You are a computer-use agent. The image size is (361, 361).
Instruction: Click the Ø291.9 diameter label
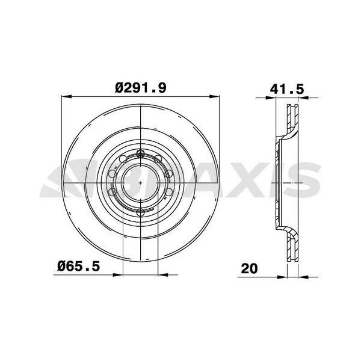pyautogui.click(x=140, y=88)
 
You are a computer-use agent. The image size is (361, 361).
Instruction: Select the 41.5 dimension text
pyautogui.click(x=287, y=89)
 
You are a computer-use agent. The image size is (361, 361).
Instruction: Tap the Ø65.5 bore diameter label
pyautogui.click(x=78, y=267)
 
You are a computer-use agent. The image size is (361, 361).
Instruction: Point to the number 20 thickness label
pyautogui.click(x=249, y=268)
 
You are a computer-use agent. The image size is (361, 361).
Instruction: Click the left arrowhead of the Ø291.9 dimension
pyautogui.click(x=67, y=97)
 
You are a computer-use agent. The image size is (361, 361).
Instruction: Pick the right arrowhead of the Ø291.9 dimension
pyautogui.click(x=214, y=97)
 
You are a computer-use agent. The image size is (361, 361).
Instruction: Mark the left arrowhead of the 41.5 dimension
pyautogui.click(x=271, y=98)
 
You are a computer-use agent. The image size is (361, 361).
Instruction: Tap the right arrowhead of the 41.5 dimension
pyautogui.click(x=303, y=98)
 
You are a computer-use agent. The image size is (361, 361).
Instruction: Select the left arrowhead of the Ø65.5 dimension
pyautogui.click(x=118, y=275)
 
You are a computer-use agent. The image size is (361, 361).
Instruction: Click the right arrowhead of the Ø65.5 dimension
pyautogui.click(x=163, y=275)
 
